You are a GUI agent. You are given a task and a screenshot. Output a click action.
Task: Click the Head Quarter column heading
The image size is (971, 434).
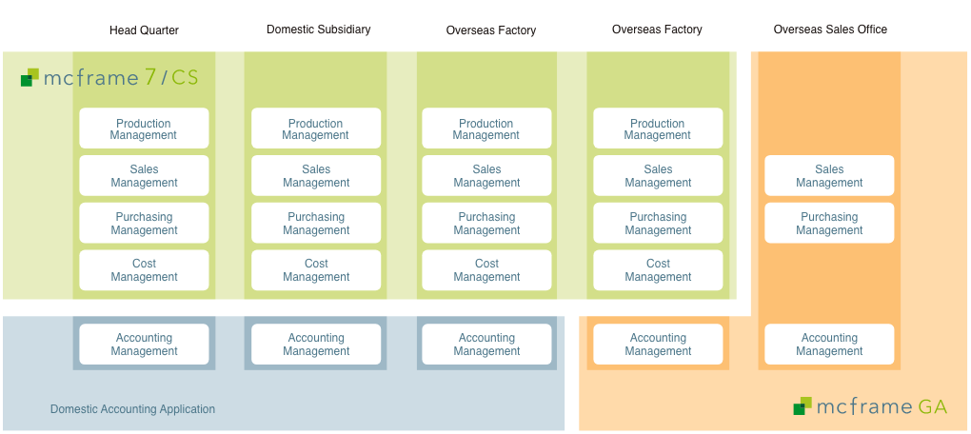click(144, 30)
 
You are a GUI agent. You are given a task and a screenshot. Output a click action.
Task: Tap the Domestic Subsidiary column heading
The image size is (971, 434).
click(318, 30)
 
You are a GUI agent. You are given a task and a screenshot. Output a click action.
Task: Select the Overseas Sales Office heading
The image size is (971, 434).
click(830, 30)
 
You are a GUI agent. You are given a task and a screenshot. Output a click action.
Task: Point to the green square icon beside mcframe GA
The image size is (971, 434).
click(803, 405)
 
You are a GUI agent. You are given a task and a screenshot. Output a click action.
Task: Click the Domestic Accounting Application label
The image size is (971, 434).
click(132, 409)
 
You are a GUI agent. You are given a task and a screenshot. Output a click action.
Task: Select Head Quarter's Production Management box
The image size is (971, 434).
click(144, 128)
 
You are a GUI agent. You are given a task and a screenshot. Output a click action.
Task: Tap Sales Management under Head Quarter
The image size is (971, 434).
click(144, 176)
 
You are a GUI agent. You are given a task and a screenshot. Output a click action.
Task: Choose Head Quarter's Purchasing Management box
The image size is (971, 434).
click(144, 223)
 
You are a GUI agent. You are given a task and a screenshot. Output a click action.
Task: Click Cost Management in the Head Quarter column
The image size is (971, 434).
click(144, 270)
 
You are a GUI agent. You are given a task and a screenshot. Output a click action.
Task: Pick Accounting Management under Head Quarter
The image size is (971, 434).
click(144, 345)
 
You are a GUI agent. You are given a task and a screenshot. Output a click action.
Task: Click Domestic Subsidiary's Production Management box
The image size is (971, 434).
click(316, 128)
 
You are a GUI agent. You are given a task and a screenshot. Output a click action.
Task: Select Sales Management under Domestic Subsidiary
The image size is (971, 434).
click(316, 176)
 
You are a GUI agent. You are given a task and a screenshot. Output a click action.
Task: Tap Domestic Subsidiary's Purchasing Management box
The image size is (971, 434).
click(316, 223)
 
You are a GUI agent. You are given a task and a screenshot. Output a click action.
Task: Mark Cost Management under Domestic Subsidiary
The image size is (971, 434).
click(316, 270)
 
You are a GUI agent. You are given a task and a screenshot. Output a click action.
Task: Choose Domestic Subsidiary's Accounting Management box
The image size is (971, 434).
click(316, 345)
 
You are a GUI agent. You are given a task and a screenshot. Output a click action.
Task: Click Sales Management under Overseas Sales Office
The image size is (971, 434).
click(829, 176)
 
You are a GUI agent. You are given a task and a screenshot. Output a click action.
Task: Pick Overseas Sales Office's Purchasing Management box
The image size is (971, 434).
click(829, 223)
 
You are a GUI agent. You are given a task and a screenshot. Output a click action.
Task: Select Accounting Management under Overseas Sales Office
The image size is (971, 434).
click(829, 345)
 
